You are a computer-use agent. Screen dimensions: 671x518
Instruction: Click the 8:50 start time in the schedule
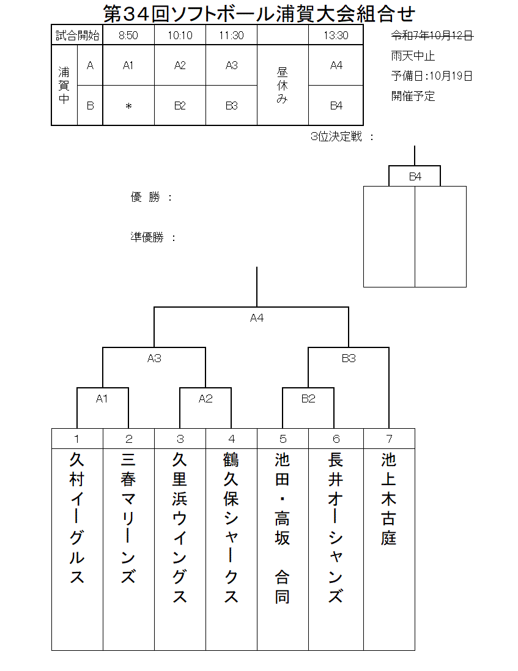click(x=128, y=35)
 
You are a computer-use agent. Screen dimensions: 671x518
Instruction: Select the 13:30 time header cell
click(x=336, y=35)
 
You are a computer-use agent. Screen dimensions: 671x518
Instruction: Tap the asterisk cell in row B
click(x=128, y=106)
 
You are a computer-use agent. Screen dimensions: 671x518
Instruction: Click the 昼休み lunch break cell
click(x=282, y=85)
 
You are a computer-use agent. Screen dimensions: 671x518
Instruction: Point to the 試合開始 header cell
click(x=77, y=35)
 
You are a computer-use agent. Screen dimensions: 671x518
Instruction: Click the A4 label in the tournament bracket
click(x=257, y=318)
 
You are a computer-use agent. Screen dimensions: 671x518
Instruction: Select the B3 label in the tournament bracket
click(x=349, y=358)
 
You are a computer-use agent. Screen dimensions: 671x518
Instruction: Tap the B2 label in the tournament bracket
click(x=308, y=399)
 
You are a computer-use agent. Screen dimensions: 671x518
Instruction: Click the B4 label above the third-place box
click(x=415, y=177)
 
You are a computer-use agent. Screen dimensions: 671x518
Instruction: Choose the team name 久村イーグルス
click(x=77, y=517)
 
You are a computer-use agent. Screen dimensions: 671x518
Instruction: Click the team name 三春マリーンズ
click(x=128, y=517)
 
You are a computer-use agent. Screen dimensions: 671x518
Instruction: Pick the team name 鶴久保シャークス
click(x=231, y=527)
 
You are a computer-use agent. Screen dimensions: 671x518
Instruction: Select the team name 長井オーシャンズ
click(x=336, y=527)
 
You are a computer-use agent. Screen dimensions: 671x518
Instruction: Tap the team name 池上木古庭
click(x=389, y=498)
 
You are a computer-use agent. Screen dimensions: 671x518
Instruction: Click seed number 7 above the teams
click(x=389, y=439)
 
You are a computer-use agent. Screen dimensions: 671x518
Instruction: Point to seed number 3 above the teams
click(x=180, y=439)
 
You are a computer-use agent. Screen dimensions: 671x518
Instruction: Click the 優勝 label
click(x=146, y=197)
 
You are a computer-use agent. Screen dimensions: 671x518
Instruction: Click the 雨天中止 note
click(x=413, y=56)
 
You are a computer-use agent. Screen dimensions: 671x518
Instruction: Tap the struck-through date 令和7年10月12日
click(x=432, y=35)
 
